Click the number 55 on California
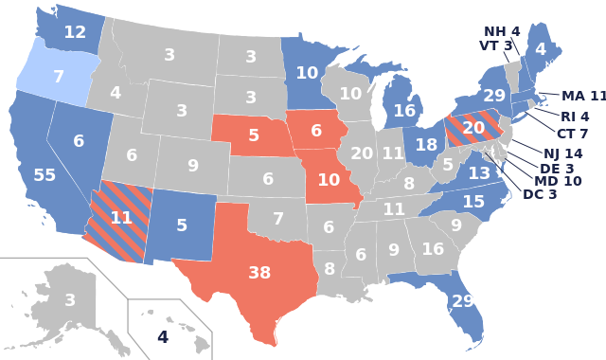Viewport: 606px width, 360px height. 45,175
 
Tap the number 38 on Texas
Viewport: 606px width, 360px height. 259,273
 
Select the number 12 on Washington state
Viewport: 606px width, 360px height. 75,32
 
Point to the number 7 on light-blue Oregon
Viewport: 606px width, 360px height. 58,76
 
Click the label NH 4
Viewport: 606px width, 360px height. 502,31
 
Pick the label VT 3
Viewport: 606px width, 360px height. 496,45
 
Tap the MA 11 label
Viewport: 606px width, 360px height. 582,96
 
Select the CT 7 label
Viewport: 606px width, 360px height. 572,134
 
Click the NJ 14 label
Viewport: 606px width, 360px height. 562,153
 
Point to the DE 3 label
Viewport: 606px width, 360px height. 557,168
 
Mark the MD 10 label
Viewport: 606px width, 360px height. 558,181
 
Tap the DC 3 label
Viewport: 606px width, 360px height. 540,194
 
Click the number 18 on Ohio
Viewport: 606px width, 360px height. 426,145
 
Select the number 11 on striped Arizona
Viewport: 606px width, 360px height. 121,217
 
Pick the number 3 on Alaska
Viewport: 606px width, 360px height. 70,300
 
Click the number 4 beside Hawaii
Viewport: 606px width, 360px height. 162,336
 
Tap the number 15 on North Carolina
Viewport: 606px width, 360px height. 472,202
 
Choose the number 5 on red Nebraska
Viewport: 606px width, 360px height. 254,135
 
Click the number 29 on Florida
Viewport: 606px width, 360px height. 463,301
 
